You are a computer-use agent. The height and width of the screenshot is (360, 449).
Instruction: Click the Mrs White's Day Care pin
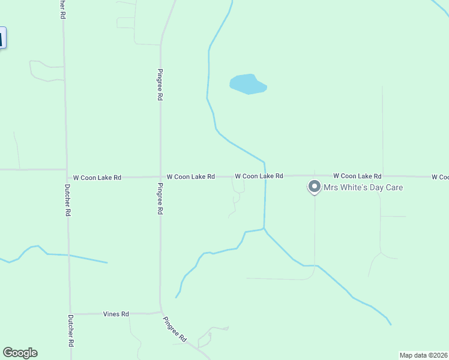(x=314, y=187)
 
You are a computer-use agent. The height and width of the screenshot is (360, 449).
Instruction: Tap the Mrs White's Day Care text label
(x=363, y=188)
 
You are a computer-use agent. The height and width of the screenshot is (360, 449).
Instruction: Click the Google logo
(x=20, y=353)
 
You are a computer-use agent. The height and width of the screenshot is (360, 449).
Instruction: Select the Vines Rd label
(x=116, y=314)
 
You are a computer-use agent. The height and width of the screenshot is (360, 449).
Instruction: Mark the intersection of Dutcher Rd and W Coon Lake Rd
(x=67, y=170)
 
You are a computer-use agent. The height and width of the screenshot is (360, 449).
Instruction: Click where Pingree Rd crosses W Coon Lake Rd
(x=160, y=177)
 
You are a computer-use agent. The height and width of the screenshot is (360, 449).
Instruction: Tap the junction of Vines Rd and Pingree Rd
(x=160, y=313)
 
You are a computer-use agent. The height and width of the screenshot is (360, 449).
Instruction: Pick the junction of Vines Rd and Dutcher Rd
(x=71, y=314)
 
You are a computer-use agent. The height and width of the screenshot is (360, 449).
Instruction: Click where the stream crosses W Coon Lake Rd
(x=265, y=176)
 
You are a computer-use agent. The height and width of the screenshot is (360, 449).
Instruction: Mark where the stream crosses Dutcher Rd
(x=69, y=256)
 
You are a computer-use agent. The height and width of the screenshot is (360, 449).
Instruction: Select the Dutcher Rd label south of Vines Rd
(x=71, y=331)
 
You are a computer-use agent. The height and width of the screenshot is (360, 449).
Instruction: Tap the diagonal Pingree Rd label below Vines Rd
(x=176, y=329)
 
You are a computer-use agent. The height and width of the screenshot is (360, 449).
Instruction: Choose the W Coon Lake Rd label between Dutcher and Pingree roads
(x=97, y=178)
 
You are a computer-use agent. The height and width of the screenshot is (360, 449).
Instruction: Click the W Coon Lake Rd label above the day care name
(x=357, y=176)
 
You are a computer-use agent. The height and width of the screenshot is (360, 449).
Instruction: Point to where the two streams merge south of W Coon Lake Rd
(x=264, y=229)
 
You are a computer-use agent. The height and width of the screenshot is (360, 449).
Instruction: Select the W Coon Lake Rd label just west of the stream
(x=259, y=176)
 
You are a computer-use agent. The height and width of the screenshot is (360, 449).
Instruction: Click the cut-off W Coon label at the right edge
(x=439, y=177)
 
